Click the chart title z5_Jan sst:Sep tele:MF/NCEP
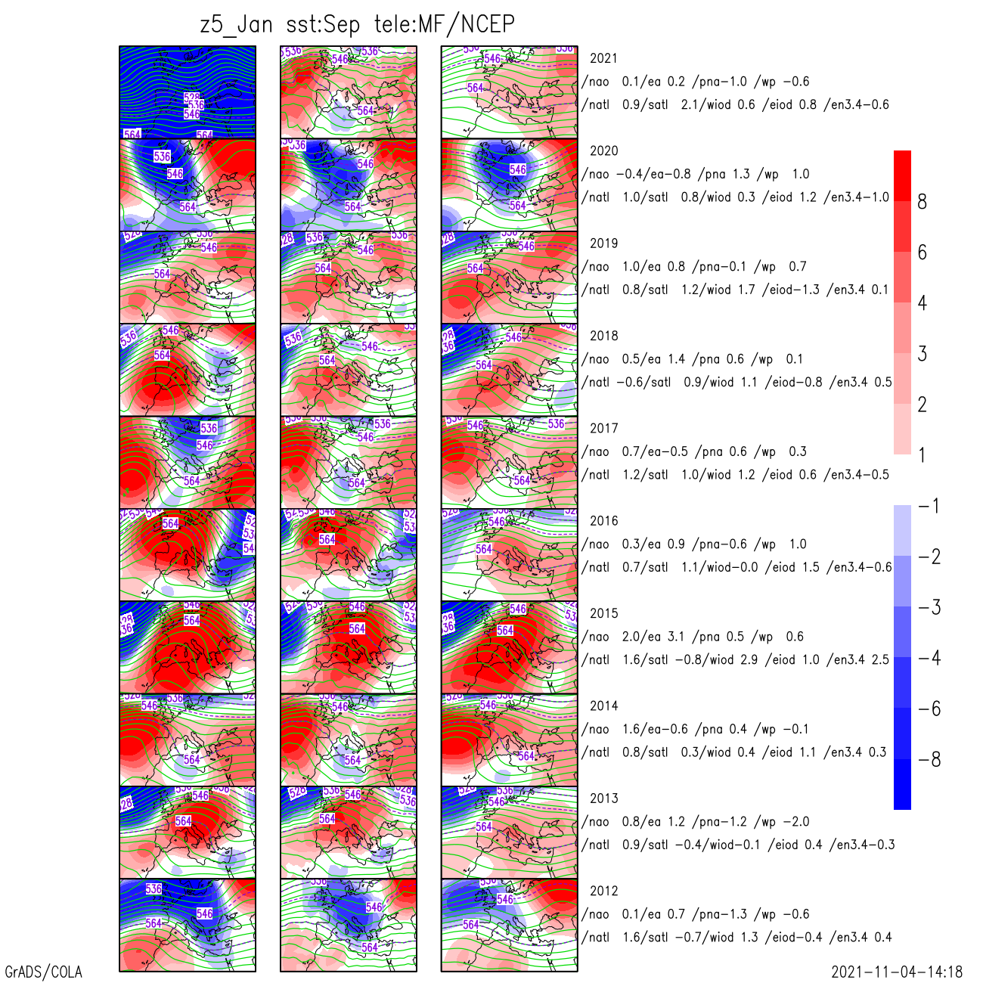[x=357, y=25]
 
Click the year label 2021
[x=603, y=58]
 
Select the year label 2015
[x=603, y=613]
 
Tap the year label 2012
[x=603, y=891]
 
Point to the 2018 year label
[x=603, y=336]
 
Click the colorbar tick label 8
[x=922, y=202]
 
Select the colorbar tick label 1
[x=922, y=455]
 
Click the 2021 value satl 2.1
[x=665, y=105]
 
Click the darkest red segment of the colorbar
[x=902, y=175]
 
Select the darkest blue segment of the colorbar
[x=902, y=784]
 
